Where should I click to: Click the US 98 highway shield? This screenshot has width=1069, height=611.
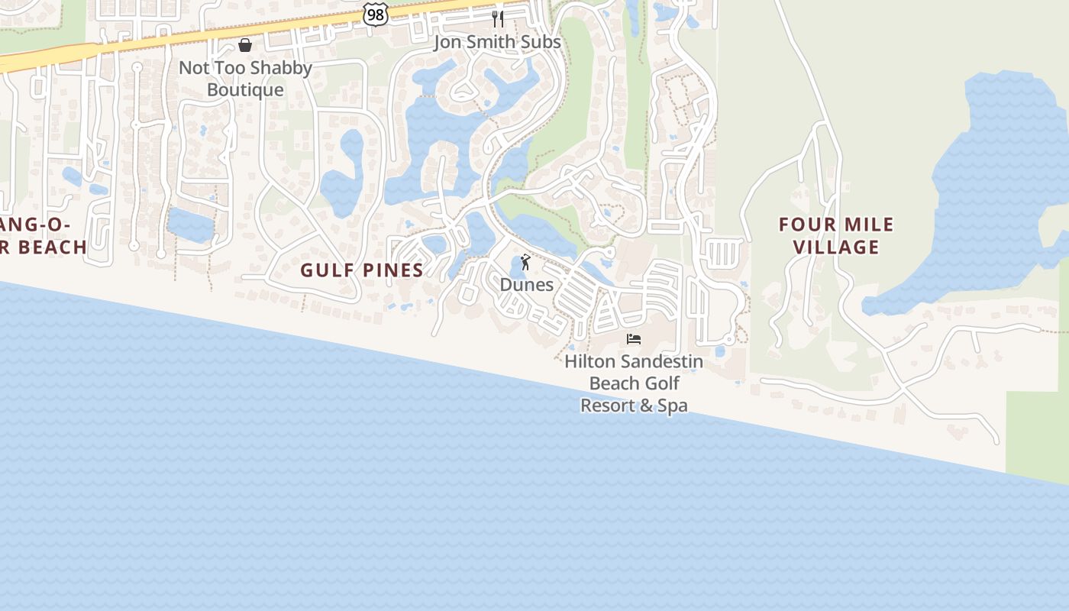[375, 14]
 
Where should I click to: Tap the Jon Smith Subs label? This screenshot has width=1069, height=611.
[497, 42]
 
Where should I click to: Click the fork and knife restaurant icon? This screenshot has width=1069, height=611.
[498, 18]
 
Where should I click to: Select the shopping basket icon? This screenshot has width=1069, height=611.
[245, 46]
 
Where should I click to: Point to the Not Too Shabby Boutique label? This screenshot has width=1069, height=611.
[245, 79]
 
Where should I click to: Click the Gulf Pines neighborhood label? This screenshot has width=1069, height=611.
[362, 270]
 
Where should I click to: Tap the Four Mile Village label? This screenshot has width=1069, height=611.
[836, 235]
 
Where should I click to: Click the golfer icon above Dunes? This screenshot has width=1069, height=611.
[525, 262]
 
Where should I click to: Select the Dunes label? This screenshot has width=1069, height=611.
[527, 285]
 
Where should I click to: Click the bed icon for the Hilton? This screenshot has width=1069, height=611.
[634, 338]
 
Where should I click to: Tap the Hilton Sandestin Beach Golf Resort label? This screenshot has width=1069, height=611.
[634, 383]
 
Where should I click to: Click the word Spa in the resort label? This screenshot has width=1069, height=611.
[673, 406]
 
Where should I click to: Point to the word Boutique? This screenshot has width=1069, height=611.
[245, 90]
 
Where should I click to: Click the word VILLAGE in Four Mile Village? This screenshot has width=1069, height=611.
[836, 247]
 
